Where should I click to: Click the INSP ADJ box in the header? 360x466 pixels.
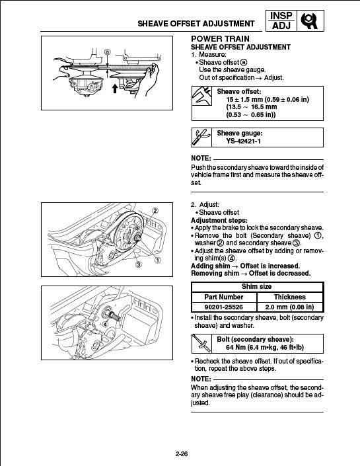281,20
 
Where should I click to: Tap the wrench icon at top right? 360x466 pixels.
310,20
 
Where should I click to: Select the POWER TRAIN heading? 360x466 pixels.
220,39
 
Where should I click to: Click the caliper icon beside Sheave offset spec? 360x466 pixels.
201,96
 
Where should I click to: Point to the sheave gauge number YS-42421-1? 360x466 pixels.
243,141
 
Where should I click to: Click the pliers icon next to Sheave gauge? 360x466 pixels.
201,137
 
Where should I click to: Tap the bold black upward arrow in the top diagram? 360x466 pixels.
115,89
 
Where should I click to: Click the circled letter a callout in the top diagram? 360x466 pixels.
108,52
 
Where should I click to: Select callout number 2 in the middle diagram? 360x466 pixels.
155,211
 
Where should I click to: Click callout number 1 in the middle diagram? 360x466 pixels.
158,260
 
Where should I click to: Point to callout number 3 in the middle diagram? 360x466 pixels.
139,264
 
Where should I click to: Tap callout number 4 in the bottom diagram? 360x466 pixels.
105,325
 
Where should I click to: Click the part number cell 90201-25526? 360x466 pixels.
224,307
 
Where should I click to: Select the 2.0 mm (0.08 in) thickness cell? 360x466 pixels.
289,307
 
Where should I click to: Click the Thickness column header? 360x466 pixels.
289,297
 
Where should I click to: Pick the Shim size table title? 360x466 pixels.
257,286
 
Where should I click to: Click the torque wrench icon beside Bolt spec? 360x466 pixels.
201,344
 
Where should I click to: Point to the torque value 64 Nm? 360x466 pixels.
236,347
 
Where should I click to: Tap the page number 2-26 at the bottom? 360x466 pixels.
182,454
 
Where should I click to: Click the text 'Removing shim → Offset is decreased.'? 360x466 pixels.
251,273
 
